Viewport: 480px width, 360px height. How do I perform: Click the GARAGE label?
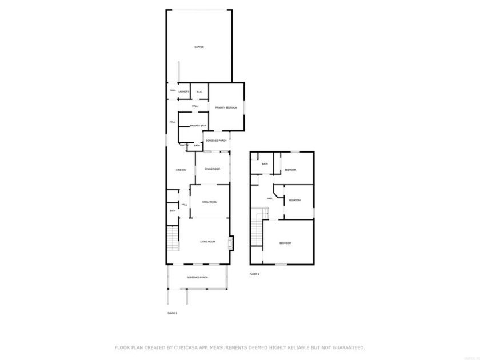199,47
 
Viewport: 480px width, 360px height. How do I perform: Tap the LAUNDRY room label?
183,91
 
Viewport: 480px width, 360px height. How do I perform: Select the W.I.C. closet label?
199,91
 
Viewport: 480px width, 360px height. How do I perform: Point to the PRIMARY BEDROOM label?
226,107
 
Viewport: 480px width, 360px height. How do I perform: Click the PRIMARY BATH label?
190,125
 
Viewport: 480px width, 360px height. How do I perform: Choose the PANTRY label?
184,145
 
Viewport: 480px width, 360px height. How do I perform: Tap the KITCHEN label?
181,170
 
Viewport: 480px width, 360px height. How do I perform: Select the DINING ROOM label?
212,168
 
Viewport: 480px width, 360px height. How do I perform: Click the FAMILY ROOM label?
210,202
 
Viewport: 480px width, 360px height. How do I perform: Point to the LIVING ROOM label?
207,242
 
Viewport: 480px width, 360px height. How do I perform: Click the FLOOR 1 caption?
172,314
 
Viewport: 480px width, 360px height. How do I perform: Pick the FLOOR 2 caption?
254,274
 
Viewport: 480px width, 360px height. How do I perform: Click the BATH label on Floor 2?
265,164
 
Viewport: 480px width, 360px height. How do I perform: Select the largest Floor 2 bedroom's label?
285,243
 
